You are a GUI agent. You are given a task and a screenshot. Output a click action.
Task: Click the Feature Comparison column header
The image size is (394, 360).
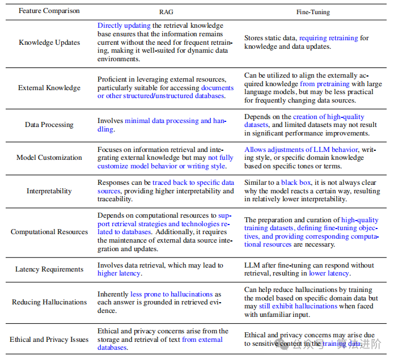pos(49,11)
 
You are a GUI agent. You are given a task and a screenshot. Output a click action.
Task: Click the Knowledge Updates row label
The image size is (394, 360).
pos(49,43)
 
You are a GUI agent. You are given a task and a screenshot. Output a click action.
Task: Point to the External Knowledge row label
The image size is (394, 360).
pos(49,88)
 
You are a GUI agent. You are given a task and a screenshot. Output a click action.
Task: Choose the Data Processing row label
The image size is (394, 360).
pos(49,125)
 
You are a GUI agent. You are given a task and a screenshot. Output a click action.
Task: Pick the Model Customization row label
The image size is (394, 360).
pos(49,158)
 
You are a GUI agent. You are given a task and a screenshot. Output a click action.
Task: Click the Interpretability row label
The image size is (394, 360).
pos(49,191)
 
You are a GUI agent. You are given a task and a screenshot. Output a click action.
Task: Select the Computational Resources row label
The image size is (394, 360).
pos(49,232)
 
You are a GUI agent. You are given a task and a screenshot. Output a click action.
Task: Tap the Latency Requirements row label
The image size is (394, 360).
pos(49,269)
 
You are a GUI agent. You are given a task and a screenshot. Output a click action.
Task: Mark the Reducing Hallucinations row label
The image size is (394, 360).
pos(49,302)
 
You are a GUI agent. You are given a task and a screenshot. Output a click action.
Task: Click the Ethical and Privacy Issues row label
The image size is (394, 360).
pos(49,340)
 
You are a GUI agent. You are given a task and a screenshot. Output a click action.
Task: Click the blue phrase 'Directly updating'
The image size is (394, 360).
pos(124,26)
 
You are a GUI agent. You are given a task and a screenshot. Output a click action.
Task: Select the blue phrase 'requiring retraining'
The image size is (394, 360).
pos(328,38)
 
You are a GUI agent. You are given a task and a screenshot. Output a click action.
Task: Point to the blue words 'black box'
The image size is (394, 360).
pos(297,183)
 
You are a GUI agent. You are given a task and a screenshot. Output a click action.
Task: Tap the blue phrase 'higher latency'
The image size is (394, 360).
pos(119,273)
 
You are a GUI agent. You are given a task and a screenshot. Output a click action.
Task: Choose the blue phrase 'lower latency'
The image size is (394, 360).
pos(329,273)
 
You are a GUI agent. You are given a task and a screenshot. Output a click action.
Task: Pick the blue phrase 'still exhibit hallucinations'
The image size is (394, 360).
pos(289,306)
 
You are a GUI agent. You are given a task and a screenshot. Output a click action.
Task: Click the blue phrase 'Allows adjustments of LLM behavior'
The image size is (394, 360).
pos(302,150)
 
